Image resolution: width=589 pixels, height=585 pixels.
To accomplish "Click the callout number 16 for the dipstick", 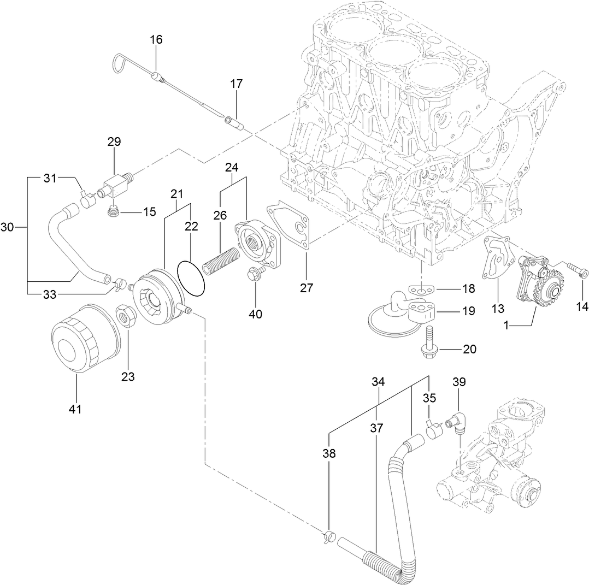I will [156, 40].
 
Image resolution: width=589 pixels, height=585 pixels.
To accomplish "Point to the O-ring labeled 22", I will [192, 276].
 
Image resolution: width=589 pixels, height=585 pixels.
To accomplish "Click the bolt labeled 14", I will [578, 270].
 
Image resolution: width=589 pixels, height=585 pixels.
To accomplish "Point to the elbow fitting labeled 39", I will [454, 423].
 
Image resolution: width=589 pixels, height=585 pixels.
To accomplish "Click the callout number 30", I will [8, 228].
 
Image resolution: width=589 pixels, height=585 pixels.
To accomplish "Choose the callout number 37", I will [376, 429].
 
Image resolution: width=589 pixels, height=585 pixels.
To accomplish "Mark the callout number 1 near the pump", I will [506, 325].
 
